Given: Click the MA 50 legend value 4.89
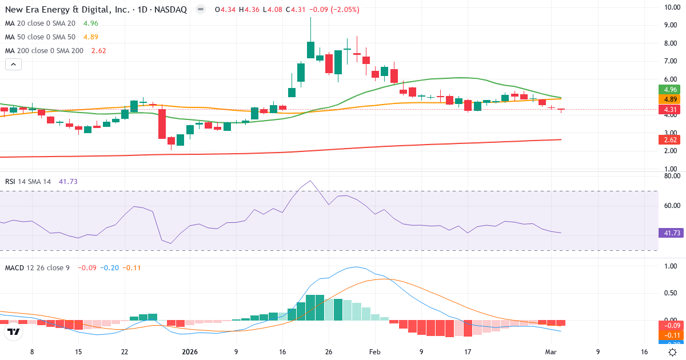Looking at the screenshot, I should point(91,37).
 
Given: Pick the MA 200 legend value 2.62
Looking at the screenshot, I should point(98,50).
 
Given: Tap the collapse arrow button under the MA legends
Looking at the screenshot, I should point(13,65).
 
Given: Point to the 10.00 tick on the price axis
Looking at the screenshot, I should point(671,7).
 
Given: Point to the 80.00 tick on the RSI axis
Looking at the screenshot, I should point(671,176).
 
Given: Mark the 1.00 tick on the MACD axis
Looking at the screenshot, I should point(671,266).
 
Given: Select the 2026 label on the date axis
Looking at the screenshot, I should point(189,352).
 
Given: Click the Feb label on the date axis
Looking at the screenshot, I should point(374,352).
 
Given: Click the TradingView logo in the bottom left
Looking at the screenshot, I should point(14,331).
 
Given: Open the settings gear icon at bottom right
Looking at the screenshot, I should point(673,352).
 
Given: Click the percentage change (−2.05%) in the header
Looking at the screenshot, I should point(342,10).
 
